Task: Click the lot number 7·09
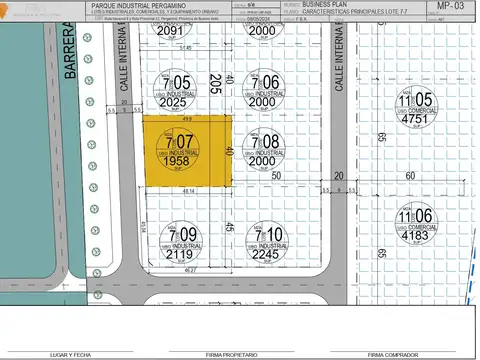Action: (187, 236)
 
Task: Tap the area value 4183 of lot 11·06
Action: (416, 235)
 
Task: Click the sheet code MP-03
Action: (451, 6)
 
